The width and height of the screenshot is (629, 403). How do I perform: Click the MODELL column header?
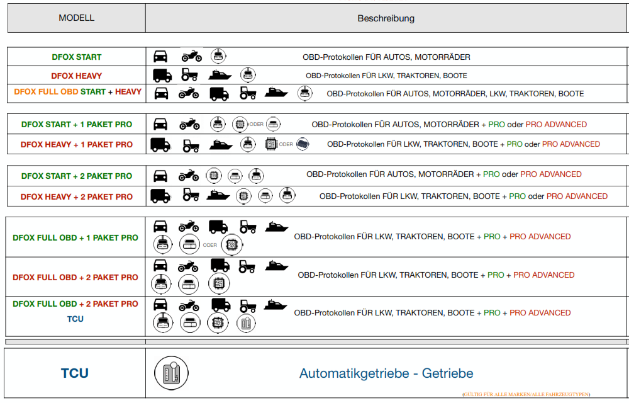click(x=77, y=18)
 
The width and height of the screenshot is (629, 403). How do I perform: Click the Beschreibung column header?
click(x=386, y=18)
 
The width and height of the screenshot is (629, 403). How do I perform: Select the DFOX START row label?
click(x=77, y=57)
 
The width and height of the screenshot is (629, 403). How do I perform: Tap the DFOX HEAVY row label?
click(x=77, y=76)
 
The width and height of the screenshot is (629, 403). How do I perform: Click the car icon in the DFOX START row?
click(x=160, y=56)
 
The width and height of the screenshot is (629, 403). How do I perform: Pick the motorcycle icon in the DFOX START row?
click(x=192, y=56)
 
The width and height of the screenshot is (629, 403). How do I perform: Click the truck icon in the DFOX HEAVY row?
click(x=162, y=75)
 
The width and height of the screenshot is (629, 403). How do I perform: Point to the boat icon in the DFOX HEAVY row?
click(x=220, y=75)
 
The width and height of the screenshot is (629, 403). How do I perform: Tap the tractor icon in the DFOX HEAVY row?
click(x=189, y=75)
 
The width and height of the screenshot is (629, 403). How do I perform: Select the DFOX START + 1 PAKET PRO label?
click(x=77, y=125)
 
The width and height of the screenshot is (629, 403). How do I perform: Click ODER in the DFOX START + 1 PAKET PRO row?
click(x=257, y=125)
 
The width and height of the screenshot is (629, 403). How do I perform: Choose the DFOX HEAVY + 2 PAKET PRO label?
click(x=77, y=196)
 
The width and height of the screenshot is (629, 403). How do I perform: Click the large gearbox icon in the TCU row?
click(x=171, y=373)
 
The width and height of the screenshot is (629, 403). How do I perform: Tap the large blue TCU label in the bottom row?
click(x=75, y=373)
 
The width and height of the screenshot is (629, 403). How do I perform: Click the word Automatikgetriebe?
click(x=354, y=373)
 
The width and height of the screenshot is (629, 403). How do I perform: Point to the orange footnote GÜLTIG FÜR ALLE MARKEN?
click(x=526, y=395)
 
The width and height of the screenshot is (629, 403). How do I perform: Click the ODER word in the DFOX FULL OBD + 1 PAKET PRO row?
click(x=210, y=245)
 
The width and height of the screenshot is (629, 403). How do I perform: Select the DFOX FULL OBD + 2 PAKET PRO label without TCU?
click(x=75, y=277)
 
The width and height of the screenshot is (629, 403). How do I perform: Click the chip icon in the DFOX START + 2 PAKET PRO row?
click(x=214, y=176)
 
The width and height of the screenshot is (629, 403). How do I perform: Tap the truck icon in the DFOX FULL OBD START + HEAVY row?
click(x=219, y=94)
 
